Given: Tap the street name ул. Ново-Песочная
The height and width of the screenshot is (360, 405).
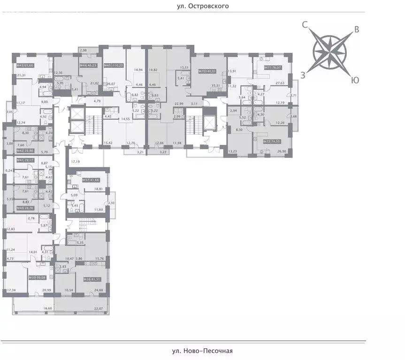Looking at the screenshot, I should coord(202,351).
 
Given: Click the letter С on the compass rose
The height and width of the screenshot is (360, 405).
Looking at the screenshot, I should coord(305,26).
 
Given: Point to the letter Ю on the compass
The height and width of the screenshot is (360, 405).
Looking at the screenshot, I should coord(355,80).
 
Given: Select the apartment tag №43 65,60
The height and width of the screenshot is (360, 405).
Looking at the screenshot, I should coord(24,66).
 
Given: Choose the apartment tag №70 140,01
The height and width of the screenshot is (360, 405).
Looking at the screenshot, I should coord(207,71).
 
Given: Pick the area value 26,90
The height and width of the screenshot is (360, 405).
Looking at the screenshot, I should coord(283,151).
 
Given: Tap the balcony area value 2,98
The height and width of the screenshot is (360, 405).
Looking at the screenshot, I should coord(83,50).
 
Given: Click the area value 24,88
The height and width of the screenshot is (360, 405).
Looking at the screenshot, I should coord(99,291).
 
